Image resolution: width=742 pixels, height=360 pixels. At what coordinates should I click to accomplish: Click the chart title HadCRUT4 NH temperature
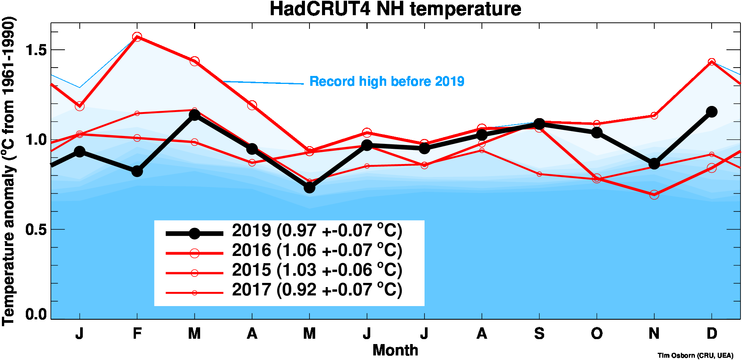[395, 9]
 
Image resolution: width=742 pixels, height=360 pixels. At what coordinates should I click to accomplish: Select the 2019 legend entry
[317, 231]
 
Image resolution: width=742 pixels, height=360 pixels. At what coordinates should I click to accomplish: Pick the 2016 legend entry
[317, 251]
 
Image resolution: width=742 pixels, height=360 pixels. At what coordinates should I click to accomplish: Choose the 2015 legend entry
[317, 270]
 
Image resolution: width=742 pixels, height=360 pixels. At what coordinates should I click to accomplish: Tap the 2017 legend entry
[317, 290]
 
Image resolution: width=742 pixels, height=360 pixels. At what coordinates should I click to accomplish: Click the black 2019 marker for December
[712, 112]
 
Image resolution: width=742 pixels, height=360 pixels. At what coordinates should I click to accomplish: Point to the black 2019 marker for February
[137, 171]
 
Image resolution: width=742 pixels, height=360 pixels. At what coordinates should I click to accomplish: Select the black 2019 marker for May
[309, 187]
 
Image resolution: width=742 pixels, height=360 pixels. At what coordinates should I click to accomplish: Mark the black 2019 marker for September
[539, 124]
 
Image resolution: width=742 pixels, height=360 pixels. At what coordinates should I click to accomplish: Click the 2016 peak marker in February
[137, 37]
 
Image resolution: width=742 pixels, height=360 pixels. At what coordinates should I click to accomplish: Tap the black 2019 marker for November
[654, 164]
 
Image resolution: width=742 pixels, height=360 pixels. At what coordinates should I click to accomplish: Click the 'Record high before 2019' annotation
[387, 81]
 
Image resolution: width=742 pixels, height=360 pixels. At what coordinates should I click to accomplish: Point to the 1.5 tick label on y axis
[36, 50]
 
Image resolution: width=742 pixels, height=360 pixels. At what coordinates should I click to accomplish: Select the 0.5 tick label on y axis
[36, 229]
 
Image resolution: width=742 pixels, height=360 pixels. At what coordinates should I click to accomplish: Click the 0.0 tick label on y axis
[36, 314]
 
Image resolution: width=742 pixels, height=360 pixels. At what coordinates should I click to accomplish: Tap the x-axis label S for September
[539, 333]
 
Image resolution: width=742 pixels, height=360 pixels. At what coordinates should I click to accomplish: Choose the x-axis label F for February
[137, 333]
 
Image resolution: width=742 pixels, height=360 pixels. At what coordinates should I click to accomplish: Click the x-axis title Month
[395, 350]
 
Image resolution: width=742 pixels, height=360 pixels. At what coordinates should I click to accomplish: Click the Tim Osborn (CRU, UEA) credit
[695, 355]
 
